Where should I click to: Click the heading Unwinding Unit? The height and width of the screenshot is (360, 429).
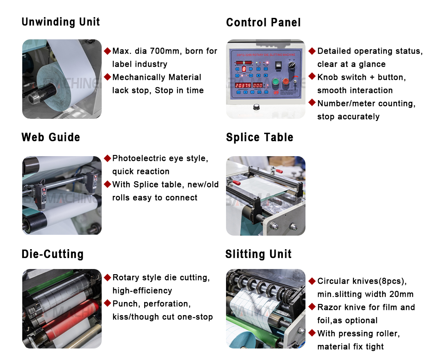point(60,22)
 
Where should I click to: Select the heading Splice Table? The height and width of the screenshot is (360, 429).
point(259,137)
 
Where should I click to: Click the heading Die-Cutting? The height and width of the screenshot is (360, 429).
point(52,254)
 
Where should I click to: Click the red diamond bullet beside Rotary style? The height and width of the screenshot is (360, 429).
point(107,277)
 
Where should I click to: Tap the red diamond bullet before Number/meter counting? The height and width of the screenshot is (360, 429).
point(312,103)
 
